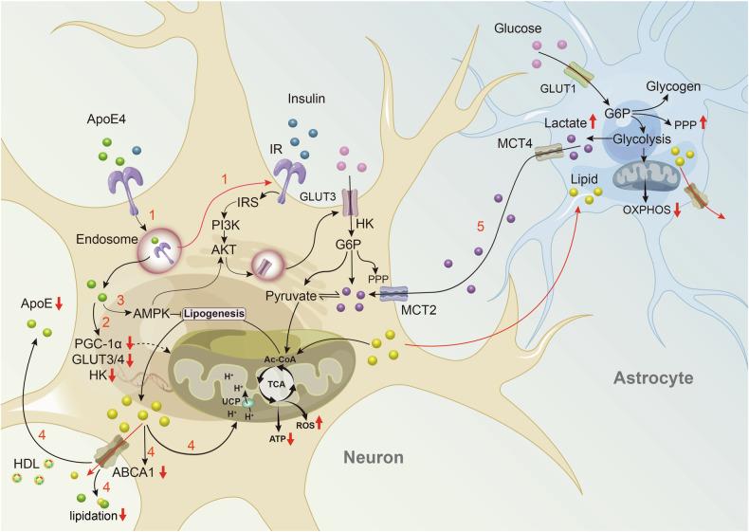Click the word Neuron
(371, 459)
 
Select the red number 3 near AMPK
(119, 301)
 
